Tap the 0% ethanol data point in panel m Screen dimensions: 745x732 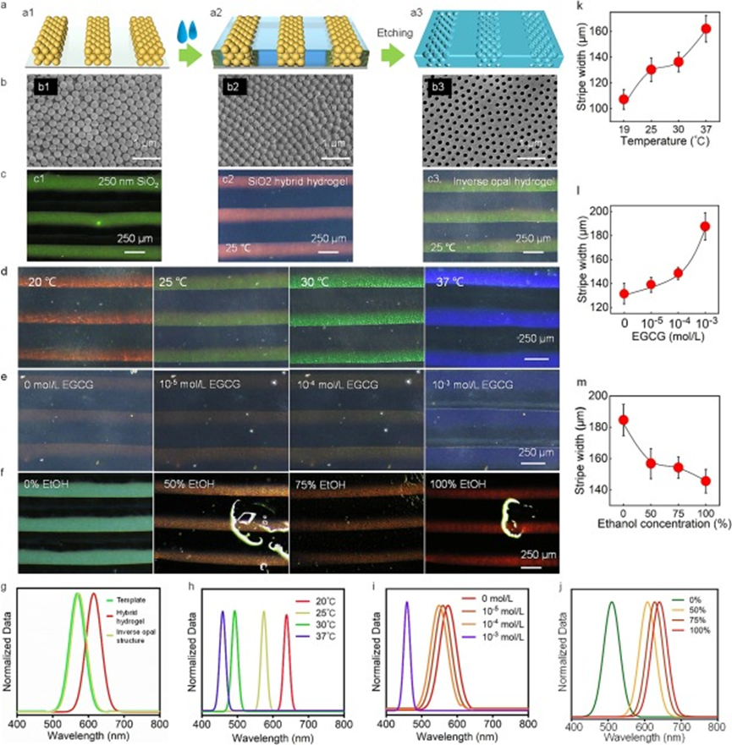click(x=623, y=420)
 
